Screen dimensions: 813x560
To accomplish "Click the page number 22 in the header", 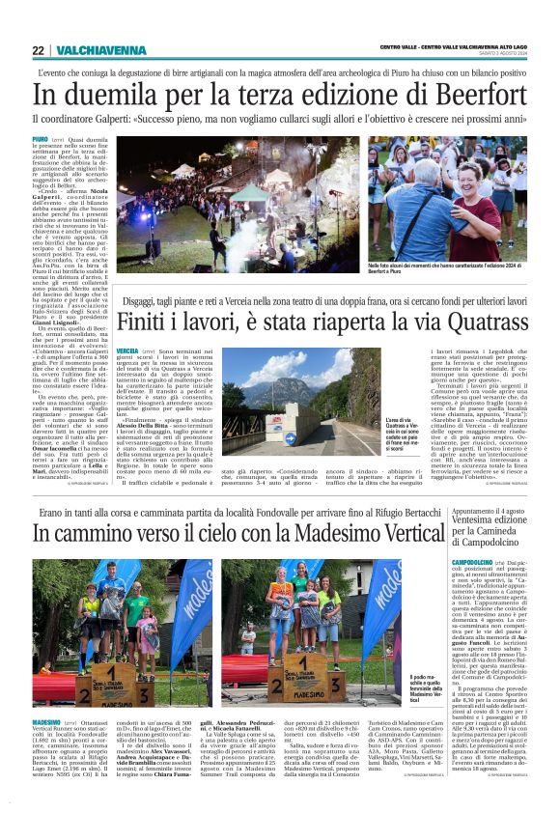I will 38,50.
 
